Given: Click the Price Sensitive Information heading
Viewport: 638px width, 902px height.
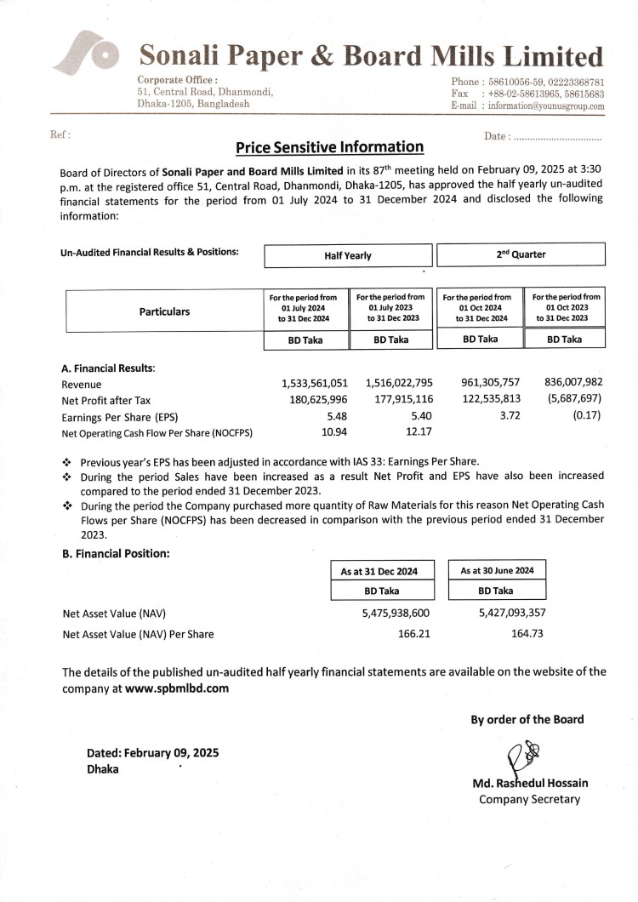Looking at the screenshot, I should [329, 147].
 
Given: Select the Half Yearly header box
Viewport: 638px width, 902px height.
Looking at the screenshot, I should [347, 255].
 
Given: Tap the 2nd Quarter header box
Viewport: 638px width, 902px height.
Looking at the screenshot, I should [521, 254].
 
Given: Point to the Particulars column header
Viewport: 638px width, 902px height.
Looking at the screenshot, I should [164, 311].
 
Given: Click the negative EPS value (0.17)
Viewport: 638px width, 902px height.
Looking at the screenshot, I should [587, 416].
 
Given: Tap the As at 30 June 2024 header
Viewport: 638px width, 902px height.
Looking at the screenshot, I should [497, 570].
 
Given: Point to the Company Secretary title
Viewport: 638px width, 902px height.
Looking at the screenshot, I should [529, 799].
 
